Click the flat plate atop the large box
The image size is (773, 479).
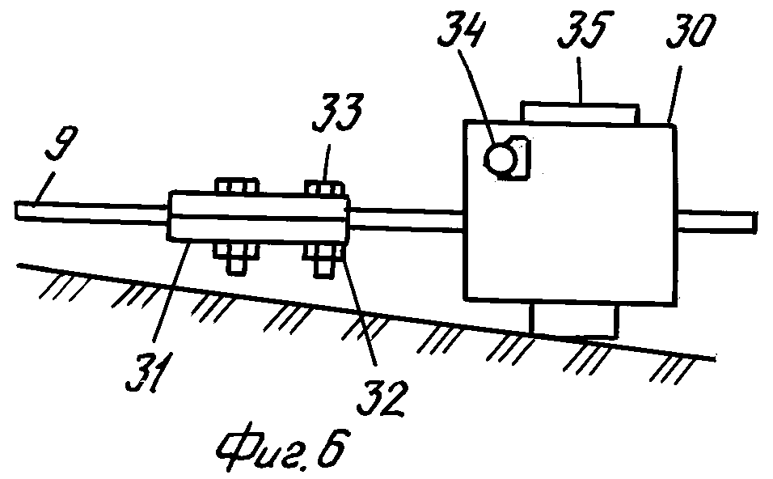coord(581,111)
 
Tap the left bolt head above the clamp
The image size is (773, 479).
coord(238,188)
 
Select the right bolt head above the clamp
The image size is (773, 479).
coord(326,188)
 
